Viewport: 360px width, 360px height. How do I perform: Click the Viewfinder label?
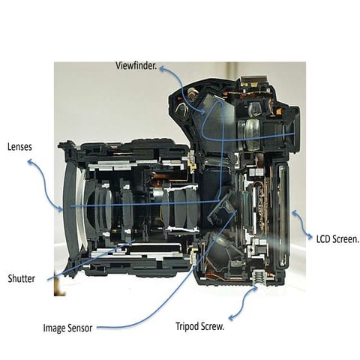coord(136,66)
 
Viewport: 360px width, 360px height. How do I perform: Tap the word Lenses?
coord(19,147)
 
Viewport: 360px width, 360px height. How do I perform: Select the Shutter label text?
coord(22,278)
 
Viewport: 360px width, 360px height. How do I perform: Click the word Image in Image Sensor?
coord(55,328)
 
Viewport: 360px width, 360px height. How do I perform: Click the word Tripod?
coord(187,327)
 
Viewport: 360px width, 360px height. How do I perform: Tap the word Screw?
coord(212,326)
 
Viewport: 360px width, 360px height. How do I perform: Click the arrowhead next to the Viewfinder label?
coord(163,68)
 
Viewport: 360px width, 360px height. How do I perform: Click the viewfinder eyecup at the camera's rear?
coord(295,130)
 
